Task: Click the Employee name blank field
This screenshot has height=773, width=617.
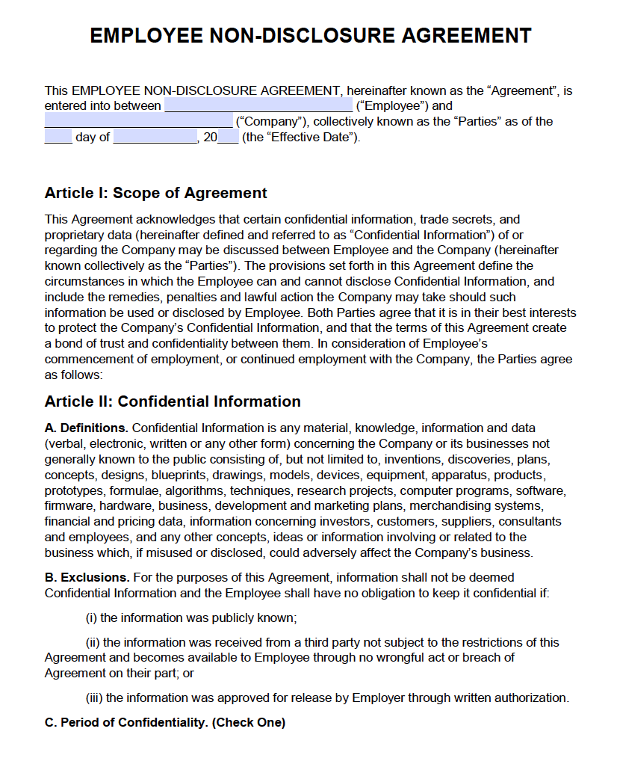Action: [x=258, y=105]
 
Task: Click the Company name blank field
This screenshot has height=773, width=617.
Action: [x=138, y=121]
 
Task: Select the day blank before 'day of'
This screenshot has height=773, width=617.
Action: [x=58, y=137]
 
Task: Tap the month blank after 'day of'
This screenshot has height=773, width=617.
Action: [x=155, y=137]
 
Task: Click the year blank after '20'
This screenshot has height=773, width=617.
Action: [x=228, y=137]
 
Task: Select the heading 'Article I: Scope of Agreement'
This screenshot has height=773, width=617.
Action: [x=155, y=193]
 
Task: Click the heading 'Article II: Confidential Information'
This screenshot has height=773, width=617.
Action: [x=173, y=401]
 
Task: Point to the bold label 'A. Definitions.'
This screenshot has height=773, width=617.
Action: [x=87, y=428]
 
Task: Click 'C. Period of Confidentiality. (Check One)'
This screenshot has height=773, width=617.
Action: [x=165, y=722]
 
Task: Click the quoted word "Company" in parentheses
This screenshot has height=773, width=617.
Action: [x=269, y=121]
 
